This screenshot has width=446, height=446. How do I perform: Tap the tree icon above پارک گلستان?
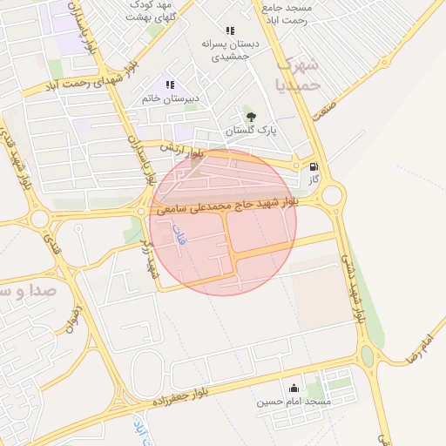click(251, 117)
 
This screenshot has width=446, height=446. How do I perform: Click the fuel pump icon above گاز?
click(314, 166)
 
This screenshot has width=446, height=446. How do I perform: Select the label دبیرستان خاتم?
click(171, 99)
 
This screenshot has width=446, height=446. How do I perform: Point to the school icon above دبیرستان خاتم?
click(171, 85)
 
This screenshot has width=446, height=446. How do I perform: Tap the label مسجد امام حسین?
click(294, 402)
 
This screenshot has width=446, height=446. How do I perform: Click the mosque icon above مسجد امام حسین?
click(294, 389)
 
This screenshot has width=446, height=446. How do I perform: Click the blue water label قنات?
click(181, 234)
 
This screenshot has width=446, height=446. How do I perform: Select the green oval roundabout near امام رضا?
click(367, 356)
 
